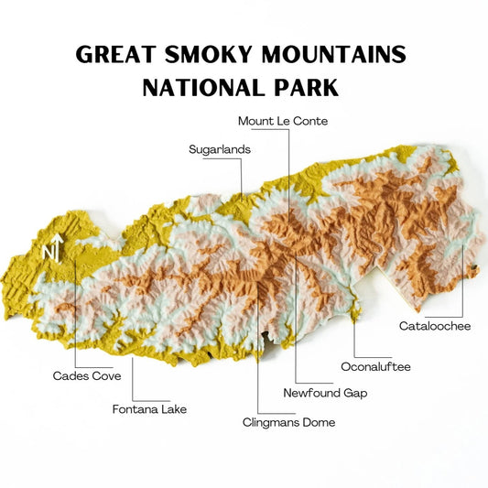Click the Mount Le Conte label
tap(282, 121)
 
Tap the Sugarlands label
tap(219, 149)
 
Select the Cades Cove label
tap(87, 375)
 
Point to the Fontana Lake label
tap(149, 409)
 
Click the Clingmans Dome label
tap(288, 422)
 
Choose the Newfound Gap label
tap(325, 393)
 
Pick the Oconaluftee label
tap(375, 367)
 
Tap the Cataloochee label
tap(435, 326)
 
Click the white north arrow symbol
tap(57, 247)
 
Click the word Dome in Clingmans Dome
tap(318, 422)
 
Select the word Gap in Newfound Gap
tap(354, 393)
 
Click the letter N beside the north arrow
tap(47, 251)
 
